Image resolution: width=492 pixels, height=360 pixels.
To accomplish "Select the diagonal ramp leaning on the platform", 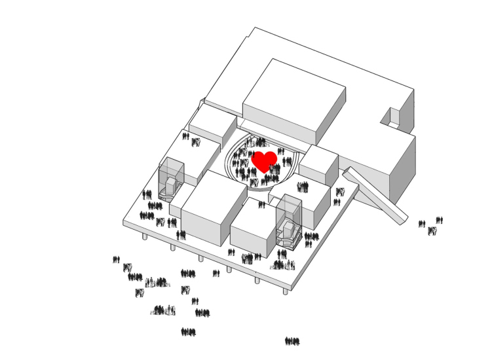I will point(376,194).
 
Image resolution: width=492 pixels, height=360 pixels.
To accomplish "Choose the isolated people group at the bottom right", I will point(292,341).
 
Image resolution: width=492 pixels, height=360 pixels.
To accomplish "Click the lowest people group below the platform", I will point(189,332).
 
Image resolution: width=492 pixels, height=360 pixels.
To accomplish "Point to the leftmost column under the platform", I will point(145,236).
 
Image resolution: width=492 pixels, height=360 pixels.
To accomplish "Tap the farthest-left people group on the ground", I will point(117,260).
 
